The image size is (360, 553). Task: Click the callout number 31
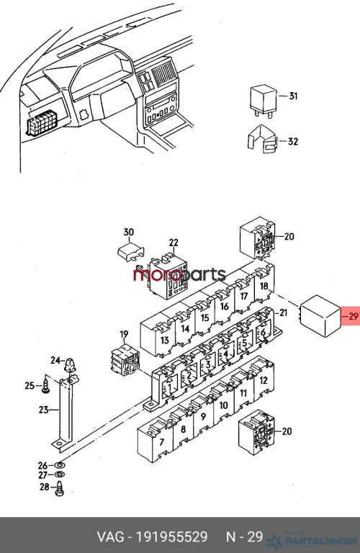(x=293, y=96)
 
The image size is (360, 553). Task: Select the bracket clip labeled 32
(x=262, y=140)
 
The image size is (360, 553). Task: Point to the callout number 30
(x=129, y=232)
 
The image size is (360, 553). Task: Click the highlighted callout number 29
(x=353, y=316)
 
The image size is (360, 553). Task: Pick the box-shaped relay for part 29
(x=320, y=316)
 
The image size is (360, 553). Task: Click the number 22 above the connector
(x=174, y=243)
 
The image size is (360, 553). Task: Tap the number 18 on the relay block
(x=264, y=286)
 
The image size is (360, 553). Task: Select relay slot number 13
(x=164, y=341)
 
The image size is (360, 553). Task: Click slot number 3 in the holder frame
(x=207, y=364)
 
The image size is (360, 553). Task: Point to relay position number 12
(x=264, y=380)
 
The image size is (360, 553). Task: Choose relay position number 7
(x=162, y=442)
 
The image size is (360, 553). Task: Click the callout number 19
(x=124, y=334)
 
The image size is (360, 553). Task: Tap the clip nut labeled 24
(x=71, y=364)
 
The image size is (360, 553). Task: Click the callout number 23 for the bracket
(x=43, y=410)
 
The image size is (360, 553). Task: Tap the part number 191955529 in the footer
(x=171, y=536)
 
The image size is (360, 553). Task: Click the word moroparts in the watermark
(x=179, y=274)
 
